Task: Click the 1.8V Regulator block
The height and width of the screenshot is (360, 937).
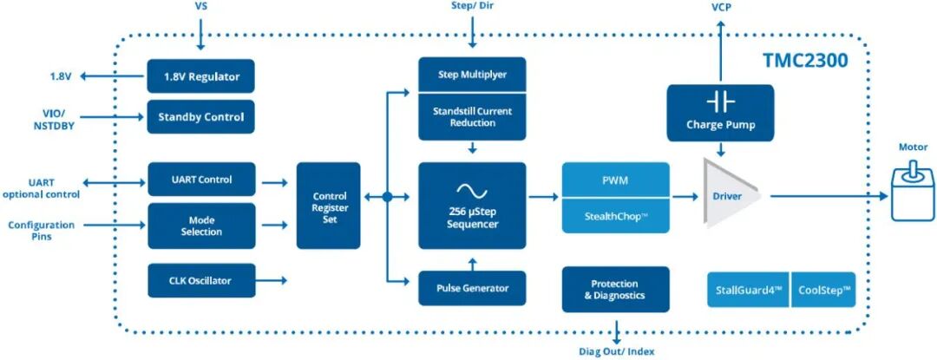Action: click(200, 76)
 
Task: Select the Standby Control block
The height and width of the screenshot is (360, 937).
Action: click(200, 117)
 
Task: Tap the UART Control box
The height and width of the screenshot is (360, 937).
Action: click(201, 180)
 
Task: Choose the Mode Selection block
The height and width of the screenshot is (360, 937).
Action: click(201, 226)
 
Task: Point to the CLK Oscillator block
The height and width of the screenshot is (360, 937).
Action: click(201, 280)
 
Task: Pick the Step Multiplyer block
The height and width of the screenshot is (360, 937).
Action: click(472, 75)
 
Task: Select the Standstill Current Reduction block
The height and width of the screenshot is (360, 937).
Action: click(472, 117)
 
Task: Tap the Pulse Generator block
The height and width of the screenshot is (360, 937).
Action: click(472, 288)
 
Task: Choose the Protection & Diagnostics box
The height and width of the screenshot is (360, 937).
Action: click(615, 289)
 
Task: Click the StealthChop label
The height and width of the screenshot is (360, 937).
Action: click(615, 215)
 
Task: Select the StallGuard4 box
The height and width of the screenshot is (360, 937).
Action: click(748, 290)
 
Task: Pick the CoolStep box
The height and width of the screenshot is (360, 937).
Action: click(823, 290)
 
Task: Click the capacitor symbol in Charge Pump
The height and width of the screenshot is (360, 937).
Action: click(719, 102)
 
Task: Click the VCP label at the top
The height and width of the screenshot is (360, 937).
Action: click(720, 7)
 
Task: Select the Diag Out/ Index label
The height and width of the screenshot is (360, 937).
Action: click(617, 351)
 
